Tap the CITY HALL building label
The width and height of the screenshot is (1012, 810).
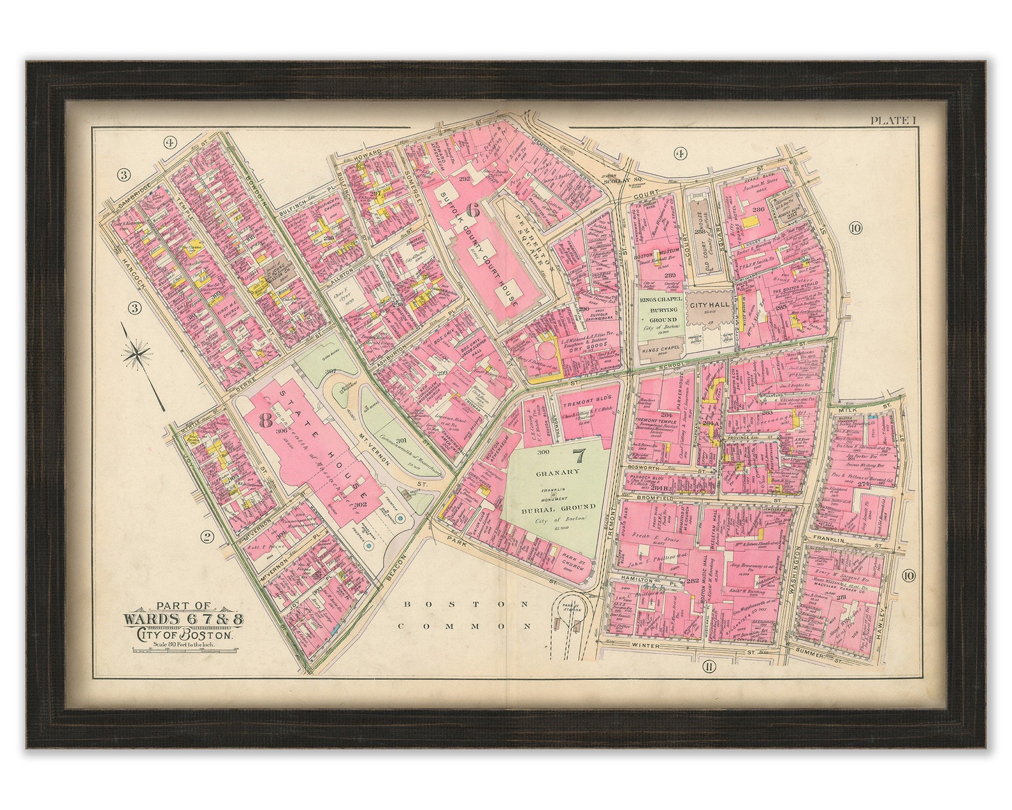709,305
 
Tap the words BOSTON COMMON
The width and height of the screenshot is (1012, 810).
465,615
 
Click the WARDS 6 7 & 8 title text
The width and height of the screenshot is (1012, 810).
183,619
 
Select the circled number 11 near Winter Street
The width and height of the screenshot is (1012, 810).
708,667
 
